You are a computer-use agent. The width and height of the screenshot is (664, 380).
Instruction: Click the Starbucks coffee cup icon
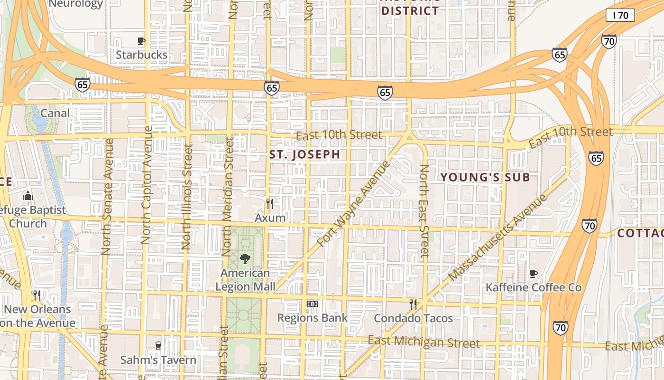click(141, 41)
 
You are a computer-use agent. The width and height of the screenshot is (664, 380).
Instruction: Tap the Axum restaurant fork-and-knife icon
click(270, 204)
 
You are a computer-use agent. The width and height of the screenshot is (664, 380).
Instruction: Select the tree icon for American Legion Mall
click(245, 259)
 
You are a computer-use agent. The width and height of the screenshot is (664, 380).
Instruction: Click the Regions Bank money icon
click(312, 304)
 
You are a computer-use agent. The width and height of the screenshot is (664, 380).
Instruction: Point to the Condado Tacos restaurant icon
click(413, 304)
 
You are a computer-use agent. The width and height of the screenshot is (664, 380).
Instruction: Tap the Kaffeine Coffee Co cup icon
click(534, 274)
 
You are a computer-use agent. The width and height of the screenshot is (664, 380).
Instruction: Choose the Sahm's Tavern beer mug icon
click(158, 346)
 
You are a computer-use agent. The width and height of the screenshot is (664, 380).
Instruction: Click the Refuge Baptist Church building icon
click(28, 196)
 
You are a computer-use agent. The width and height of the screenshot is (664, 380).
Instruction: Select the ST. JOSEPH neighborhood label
click(304, 154)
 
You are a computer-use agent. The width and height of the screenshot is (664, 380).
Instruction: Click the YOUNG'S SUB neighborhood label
click(485, 178)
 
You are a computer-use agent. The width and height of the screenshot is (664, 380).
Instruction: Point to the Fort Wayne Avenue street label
click(354, 204)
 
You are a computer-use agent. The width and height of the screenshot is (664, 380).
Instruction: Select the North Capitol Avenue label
click(147, 185)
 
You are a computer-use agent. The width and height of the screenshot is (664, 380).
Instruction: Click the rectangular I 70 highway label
click(620, 15)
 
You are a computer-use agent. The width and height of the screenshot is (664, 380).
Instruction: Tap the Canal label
click(55, 113)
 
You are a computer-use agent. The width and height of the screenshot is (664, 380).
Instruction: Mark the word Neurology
click(76, 4)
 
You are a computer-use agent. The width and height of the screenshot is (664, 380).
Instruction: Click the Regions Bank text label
click(312, 318)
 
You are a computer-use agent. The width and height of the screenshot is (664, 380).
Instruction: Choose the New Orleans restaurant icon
click(37, 295)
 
